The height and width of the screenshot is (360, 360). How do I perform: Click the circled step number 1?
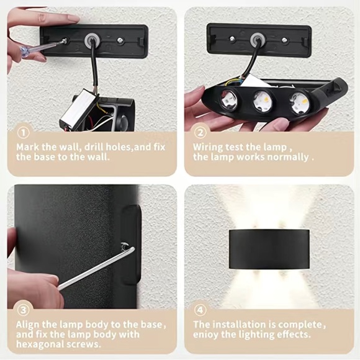(23, 132)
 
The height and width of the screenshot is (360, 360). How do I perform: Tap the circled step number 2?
(200, 132)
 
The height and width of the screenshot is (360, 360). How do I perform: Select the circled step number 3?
(23, 310)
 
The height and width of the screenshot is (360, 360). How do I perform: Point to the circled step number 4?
(200, 310)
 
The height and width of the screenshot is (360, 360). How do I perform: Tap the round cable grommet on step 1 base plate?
(91, 38)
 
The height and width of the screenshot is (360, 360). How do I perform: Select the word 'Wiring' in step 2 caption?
(207, 147)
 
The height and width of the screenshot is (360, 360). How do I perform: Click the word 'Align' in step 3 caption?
(29, 325)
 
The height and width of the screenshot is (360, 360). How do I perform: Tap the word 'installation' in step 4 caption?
(239, 325)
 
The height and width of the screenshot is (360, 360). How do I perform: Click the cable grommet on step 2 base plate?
(257, 39)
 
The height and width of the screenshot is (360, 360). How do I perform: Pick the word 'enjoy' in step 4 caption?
(205, 335)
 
